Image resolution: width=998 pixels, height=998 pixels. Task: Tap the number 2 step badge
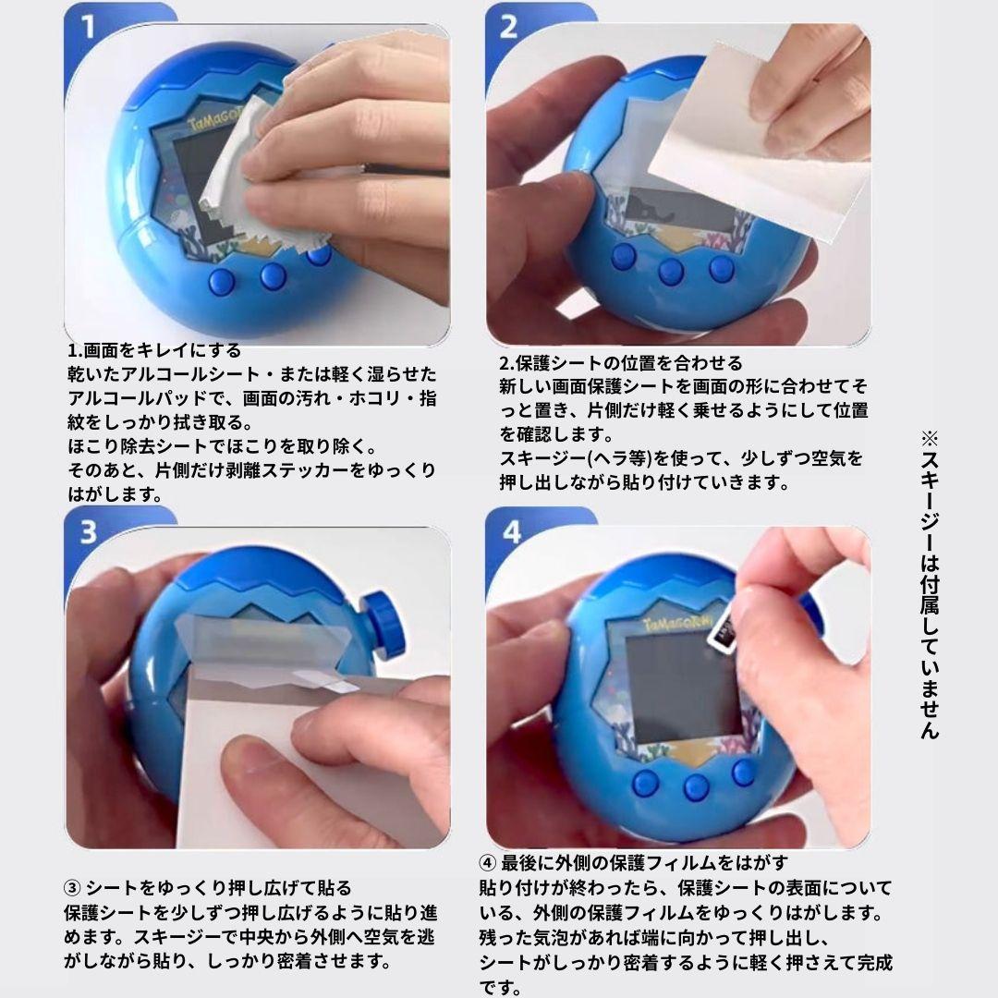pos(508,27)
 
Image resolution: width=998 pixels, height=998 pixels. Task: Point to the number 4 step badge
pos(511,532)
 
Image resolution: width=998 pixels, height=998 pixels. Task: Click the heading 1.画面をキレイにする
pos(154,351)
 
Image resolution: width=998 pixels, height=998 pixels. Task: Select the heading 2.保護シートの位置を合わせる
pos(621,363)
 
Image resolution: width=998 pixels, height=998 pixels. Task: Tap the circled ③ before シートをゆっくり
pos(73,888)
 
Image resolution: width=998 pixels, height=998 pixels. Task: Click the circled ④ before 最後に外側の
pos(488,863)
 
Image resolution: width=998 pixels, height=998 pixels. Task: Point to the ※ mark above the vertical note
pos(930,439)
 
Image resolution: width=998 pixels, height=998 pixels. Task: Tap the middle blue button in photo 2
pos(671,271)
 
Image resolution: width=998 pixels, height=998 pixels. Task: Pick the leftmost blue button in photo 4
pos(645,783)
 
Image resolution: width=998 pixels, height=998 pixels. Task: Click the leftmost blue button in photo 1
pos(222,281)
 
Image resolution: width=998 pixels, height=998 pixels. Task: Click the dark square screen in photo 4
pos(682,687)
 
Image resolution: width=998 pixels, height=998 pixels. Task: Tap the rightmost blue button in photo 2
pos(722,268)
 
